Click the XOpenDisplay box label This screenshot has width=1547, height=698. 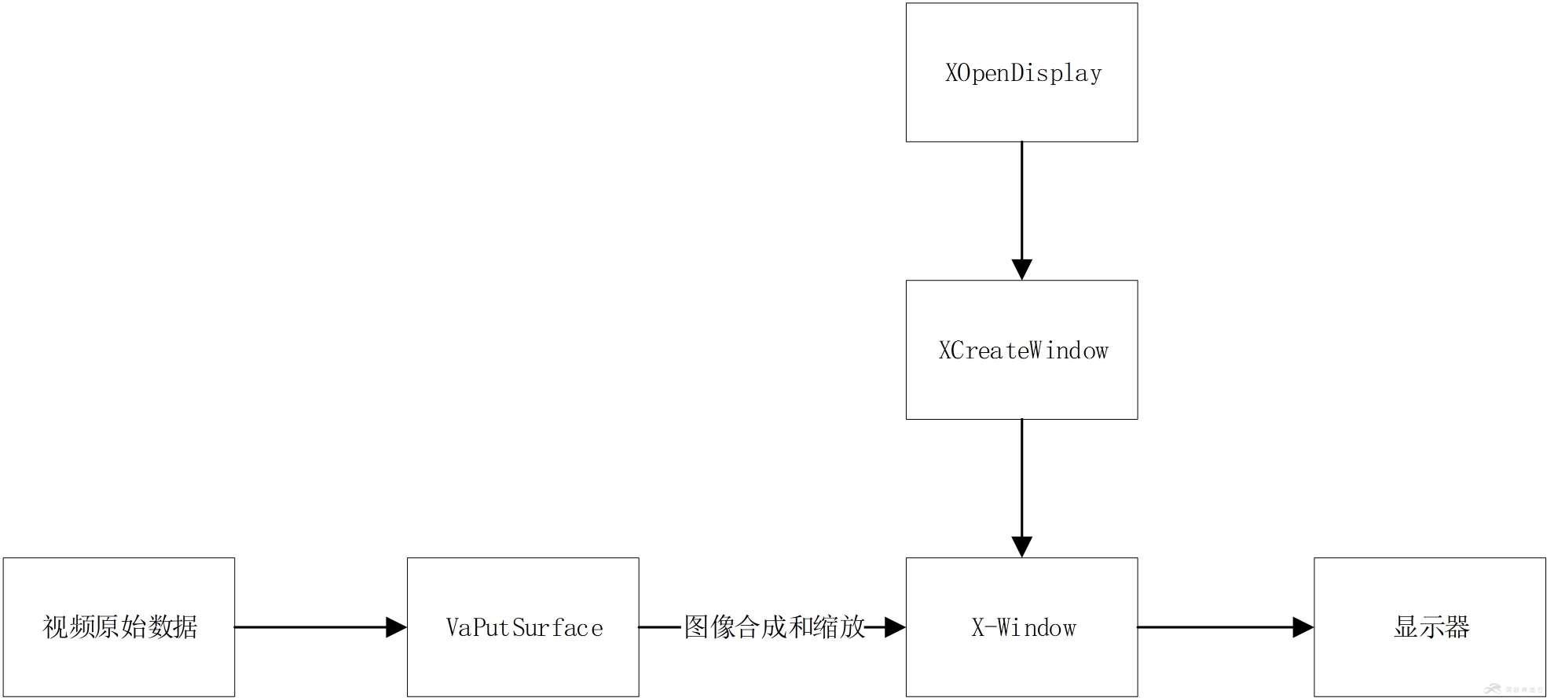click(1022, 73)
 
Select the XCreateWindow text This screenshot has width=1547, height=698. click(1022, 351)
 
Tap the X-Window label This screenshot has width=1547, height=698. click(1023, 627)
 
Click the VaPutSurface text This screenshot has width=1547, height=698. click(524, 627)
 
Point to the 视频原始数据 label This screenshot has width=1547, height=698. click(119, 627)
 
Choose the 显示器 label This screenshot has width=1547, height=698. click(1431, 627)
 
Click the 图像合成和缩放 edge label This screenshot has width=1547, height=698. click(774, 627)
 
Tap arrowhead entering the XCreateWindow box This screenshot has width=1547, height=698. click(1021, 270)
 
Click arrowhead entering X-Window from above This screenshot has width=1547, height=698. click(1021, 547)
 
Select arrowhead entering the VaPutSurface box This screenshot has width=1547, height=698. click(396, 627)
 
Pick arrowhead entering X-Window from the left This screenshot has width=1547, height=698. click(895, 627)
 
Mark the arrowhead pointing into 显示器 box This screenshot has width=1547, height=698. click(1303, 627)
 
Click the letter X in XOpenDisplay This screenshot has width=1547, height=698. click(951, 73)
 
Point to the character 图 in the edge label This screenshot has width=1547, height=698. click(697, 627)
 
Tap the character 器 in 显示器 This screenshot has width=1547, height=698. click(1457, 627)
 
